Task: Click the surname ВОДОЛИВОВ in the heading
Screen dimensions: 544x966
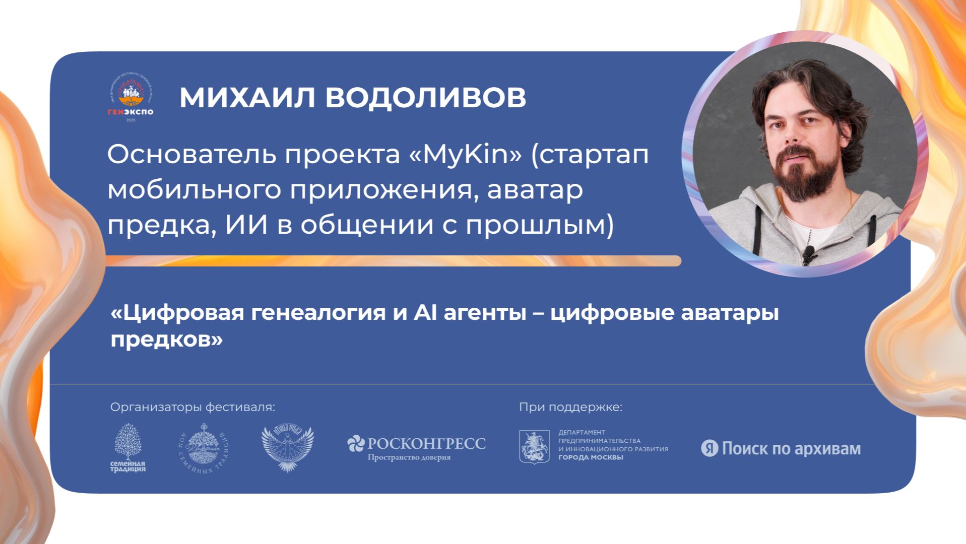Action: pos(425,98)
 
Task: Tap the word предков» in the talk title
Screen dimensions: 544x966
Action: pos(167,339)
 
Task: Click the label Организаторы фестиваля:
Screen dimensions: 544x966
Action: pos(193,407)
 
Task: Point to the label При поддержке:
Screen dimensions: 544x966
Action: pos(571,407)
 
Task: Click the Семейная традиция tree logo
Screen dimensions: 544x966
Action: pos(128,448)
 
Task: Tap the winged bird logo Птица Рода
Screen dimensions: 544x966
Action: pos(287,448)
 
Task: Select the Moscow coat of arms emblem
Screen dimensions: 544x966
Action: pos(534,447)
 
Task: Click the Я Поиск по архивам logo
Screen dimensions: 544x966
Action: pos(781,448)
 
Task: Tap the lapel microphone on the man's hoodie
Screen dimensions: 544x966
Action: pos(808,254)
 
